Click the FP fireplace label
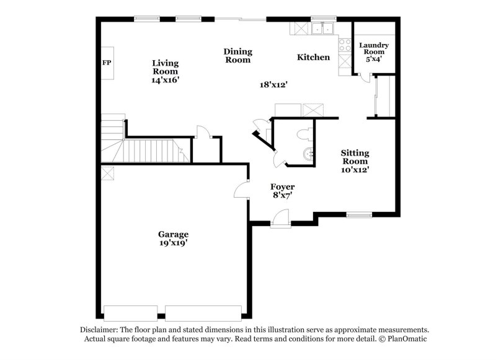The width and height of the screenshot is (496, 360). (x=107, y=63)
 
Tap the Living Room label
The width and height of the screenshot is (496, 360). (x=166, y=67)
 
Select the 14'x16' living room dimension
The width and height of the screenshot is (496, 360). (x=166, y=81)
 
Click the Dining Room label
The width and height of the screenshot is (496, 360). (x=237, y=56)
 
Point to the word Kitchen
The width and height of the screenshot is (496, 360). (x=313, y=58)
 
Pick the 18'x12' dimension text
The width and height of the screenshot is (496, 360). (x=273, y=85)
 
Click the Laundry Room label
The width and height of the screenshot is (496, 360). (x=373, y=49)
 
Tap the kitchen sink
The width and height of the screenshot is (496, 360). (x=323, y=29)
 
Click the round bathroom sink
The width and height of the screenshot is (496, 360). (x=308, y=154)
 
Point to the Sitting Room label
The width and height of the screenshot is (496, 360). (x=355, y=157)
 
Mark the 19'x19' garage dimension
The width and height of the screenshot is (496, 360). (x=173, y=244)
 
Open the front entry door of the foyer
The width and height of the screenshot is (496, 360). (x=280, y=218)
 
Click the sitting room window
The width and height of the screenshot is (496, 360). (x=359, y=215)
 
